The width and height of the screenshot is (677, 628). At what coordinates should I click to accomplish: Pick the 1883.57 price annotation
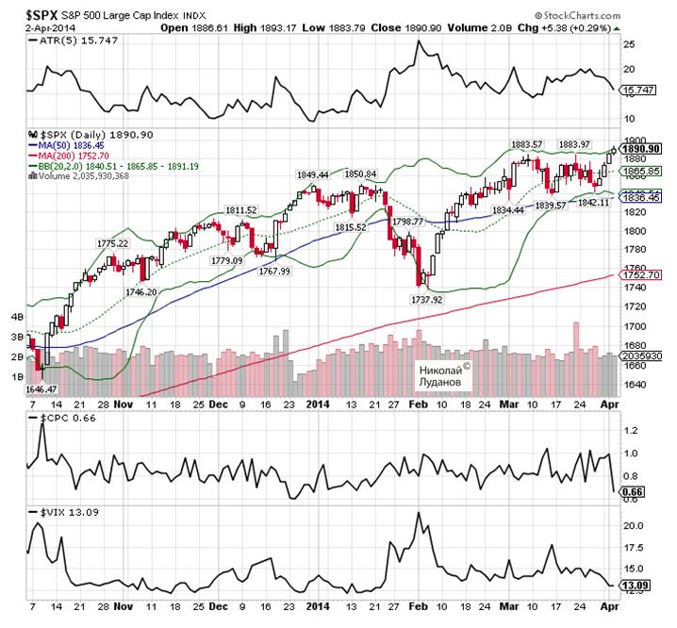click(x=527, y=143)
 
